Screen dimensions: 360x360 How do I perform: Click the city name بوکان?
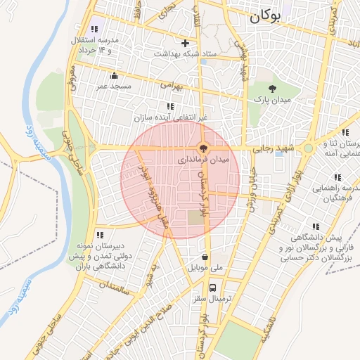click(x=274, y=18)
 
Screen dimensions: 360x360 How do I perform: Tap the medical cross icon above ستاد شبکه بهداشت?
click(x=186, y=43)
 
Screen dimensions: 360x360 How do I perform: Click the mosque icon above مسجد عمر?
click(x=113, y=75)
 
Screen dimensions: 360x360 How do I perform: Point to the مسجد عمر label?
click(x=113, y=85)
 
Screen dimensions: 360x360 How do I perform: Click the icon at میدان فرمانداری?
click(x=203, y=148)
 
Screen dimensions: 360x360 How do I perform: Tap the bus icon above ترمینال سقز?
click(x=212, y=288)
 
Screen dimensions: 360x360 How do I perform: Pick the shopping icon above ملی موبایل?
click(x=205, y=257)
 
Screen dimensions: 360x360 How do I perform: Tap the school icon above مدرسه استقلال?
click(x=96, y=29)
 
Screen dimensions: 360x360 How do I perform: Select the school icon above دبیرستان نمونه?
click(x=100, y=235)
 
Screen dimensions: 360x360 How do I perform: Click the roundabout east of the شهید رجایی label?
click(x=308, y=148)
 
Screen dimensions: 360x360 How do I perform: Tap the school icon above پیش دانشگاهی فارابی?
click(x=315, y=226)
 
